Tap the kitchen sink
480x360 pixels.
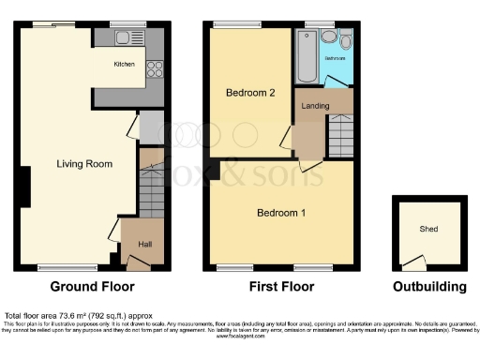pos(123,37)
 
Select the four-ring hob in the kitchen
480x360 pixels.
pos(153,67)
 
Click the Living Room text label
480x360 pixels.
pos(84,164)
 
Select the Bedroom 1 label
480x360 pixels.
pos(281,213)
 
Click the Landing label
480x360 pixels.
pos(315,106)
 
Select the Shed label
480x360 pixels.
pos(428,229)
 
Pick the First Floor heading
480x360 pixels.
pos(280,286)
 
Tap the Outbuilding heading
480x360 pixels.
pos(428,286)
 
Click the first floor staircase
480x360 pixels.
pos(341,136)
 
